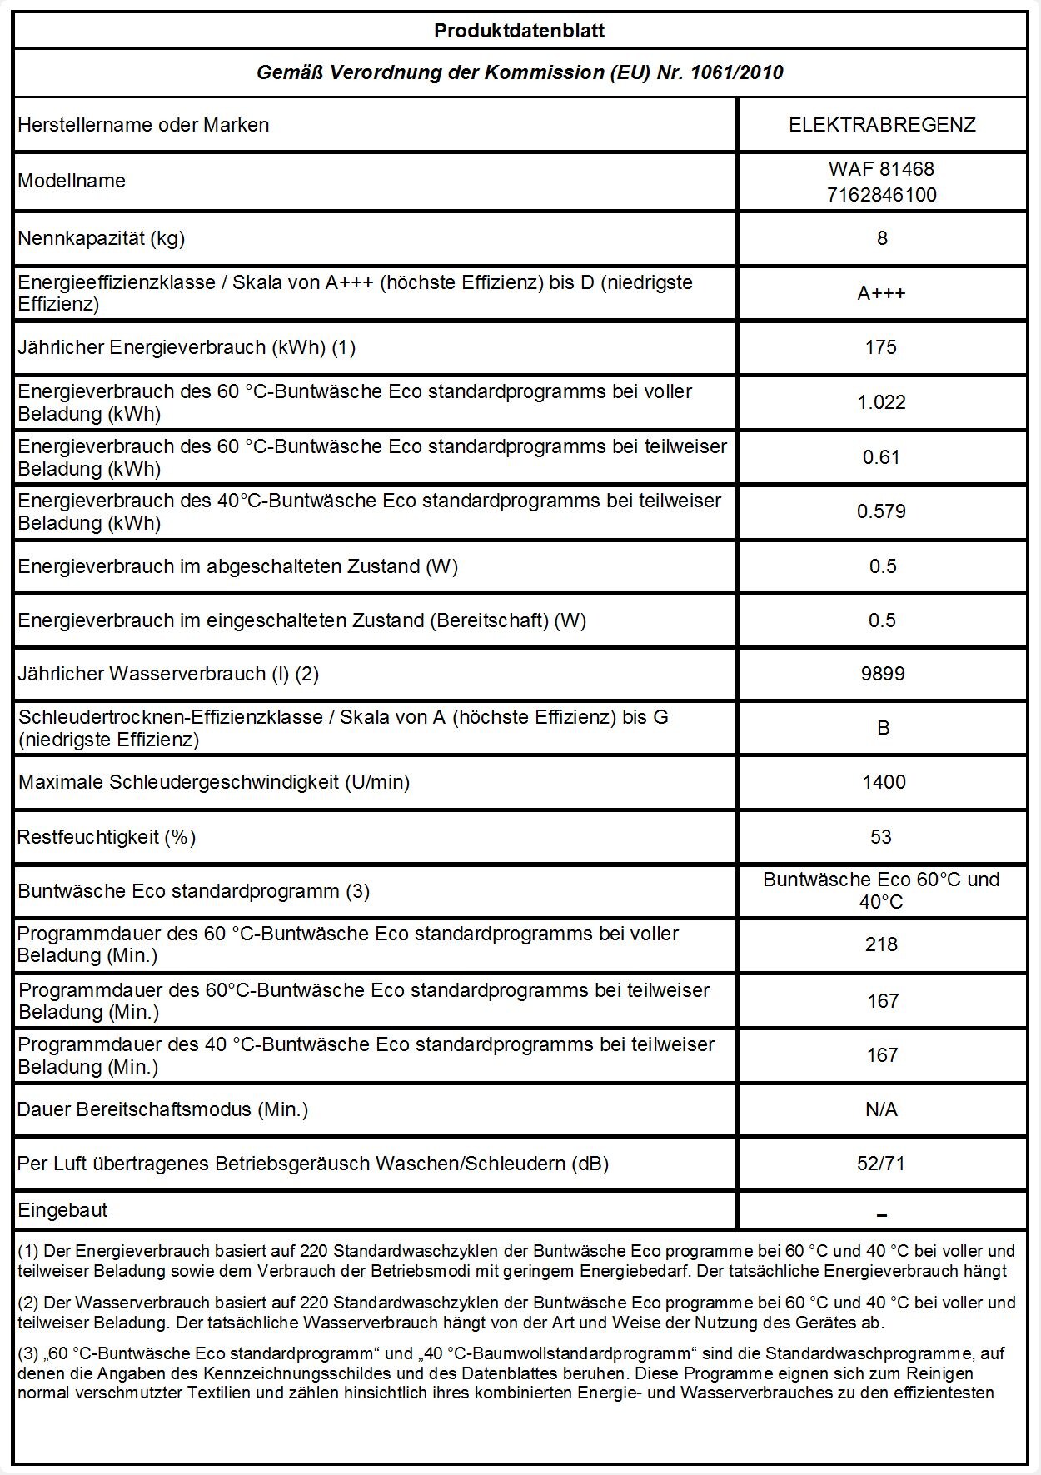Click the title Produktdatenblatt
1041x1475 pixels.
pos(519,32)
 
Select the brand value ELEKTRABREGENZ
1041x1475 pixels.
pos(882,125)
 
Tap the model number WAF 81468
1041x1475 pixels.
pos(882,169)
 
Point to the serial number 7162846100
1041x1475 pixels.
pos(882,195)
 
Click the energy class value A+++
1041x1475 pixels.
pos(882,293)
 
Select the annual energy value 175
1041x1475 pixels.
pos(881,347)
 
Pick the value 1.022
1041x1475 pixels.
pos(881,402)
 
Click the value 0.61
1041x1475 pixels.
pos(881,457)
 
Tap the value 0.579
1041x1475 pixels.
pos(881,511)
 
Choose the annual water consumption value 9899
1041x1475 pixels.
pos(882,674)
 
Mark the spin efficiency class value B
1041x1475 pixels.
pos(883,728)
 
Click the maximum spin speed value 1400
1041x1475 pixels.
pos(884,782)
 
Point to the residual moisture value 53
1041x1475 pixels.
pos(881,836)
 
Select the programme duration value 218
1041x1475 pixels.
pos(881,944)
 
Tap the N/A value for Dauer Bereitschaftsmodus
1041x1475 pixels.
pos(882,1109)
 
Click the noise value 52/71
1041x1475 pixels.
pos(881,1164)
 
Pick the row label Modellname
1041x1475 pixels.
pos(72,181)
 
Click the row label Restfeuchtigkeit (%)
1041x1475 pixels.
pos(107,836)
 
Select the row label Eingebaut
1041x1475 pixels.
pos(62,1210)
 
